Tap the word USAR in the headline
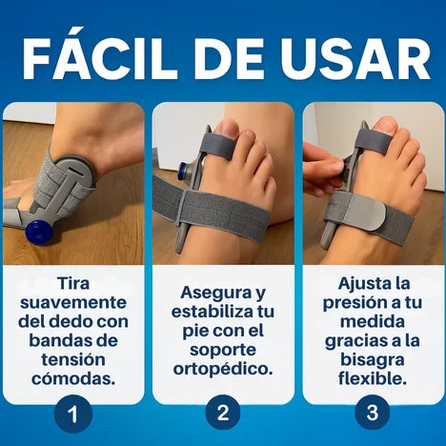(x=355, y=58)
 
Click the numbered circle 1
(x=73, y=414)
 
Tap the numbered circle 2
(x=223, y=413)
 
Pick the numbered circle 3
(x=373, y=413)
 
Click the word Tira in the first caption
(x=73, y=283)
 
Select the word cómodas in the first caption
(x=73, y=378)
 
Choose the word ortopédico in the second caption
(x=223, y=370)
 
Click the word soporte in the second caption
(x=223, y=351)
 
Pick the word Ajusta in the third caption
(x=360, y=283)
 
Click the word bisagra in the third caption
(x=373, y=360)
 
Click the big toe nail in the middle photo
(x=226, y=129)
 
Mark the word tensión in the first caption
(x=73, y=359)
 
